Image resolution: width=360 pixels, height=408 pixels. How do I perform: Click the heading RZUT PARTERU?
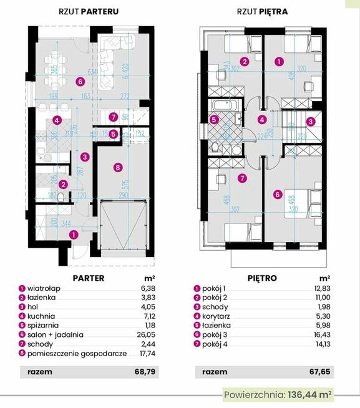(88, 11)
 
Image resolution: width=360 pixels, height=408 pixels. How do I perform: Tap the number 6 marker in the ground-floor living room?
(80, 81)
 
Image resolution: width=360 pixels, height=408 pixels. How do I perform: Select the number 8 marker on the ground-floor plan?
(117, 166)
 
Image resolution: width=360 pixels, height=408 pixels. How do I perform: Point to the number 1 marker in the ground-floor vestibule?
(74, 235)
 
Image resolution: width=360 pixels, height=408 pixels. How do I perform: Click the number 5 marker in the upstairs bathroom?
(213, 119)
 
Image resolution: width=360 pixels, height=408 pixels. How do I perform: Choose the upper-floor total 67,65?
(320, 372)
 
